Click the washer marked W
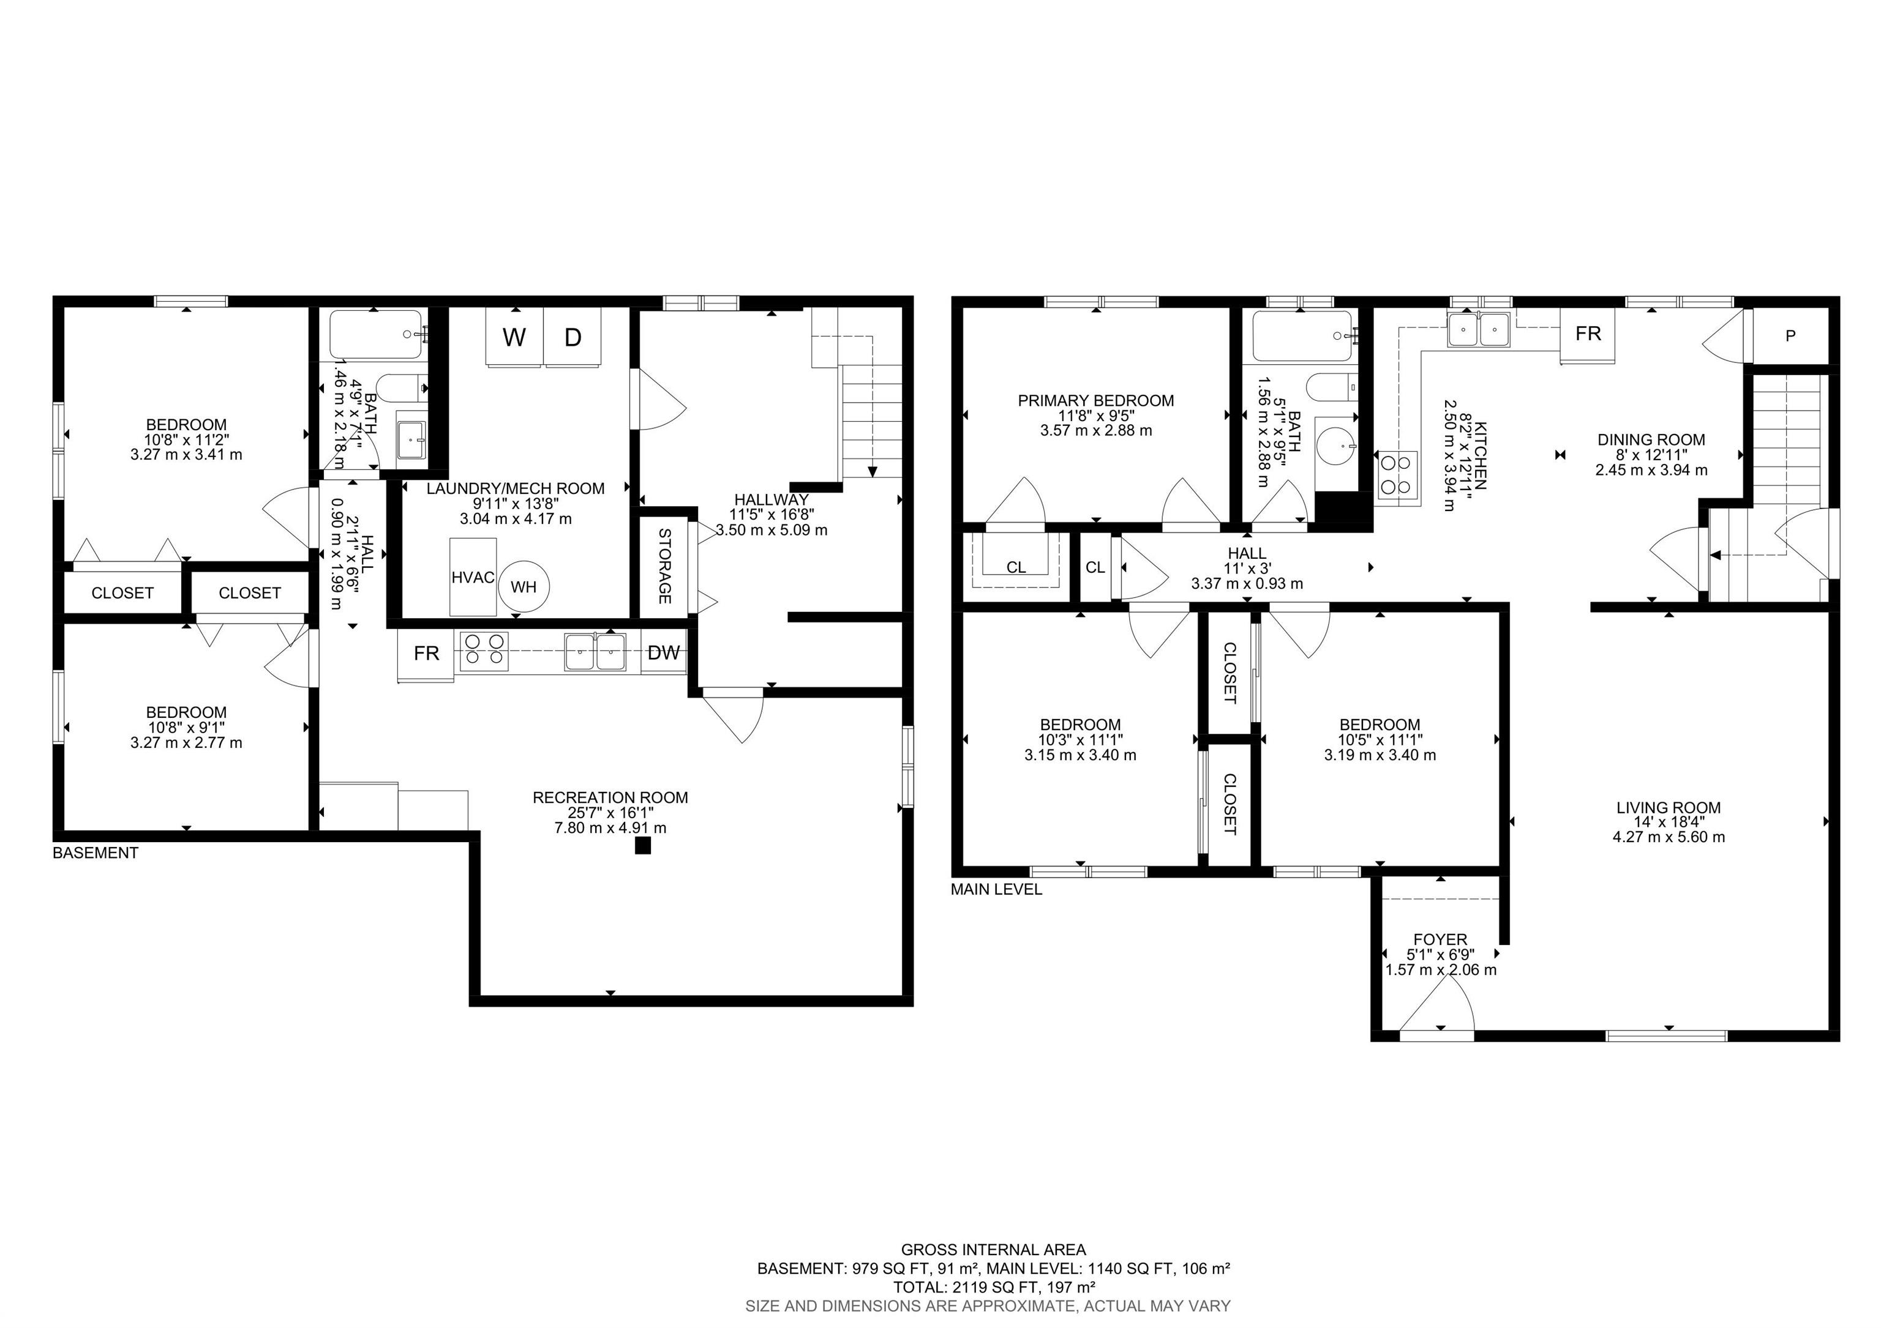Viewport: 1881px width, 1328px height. point(514,337)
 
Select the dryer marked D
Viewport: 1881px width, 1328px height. point(573,337)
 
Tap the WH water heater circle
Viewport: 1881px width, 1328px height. point(524,586)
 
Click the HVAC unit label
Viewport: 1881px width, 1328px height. point(473,577)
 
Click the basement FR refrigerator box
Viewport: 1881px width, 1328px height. point(426,652)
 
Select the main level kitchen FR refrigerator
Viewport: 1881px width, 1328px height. point(1588,334)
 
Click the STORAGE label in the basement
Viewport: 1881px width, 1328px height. point(664,567)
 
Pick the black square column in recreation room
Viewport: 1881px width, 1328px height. point(642,846)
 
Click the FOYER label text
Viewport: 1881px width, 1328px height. point(1440,939)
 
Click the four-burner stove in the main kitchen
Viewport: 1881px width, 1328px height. point(1396,475)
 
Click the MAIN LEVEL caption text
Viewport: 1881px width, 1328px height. point(996,889)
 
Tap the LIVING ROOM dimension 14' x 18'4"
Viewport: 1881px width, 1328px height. point(1668,822)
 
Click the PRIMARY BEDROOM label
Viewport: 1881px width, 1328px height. point(1095,400)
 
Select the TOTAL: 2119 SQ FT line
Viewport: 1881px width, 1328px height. point(994,1287)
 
